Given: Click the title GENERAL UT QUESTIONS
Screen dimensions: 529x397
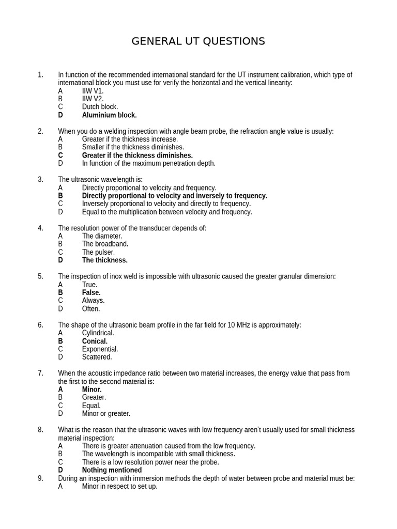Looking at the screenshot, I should coord(198,41).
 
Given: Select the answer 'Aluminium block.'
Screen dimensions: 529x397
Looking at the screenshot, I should coord(109,115).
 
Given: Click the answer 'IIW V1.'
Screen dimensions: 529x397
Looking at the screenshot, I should coord(93,91).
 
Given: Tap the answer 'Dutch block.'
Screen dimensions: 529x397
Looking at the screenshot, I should coord(100,107).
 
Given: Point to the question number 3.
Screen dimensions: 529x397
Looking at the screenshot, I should coord(40,179).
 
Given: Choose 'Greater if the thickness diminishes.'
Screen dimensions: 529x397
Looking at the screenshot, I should coord(137,155).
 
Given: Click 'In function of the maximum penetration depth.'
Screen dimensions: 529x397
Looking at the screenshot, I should coord(148,163).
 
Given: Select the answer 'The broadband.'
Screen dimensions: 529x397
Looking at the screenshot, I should coord(105,244).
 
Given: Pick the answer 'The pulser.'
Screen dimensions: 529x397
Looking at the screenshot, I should coord(98,252).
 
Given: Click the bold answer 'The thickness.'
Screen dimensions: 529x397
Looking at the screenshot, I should coord(104,260).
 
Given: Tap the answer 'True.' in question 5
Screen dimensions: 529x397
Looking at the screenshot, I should coord(89,285).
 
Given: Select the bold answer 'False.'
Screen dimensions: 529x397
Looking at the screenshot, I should coord(91,292).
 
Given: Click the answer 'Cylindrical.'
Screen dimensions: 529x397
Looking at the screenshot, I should coord(98,333).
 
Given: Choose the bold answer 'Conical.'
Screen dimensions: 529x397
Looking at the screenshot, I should coord(95,341).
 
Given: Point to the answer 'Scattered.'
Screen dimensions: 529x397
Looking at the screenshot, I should coord(97,357).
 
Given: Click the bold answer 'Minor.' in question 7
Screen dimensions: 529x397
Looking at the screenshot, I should coord(91,390).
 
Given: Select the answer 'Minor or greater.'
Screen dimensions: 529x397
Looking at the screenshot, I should coord(106,413).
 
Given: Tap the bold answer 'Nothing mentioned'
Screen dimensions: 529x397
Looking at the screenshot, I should coord(112,470).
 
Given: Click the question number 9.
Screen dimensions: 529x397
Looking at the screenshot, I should coord(40,478).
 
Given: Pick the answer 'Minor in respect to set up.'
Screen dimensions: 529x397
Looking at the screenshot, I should coord(119,486).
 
